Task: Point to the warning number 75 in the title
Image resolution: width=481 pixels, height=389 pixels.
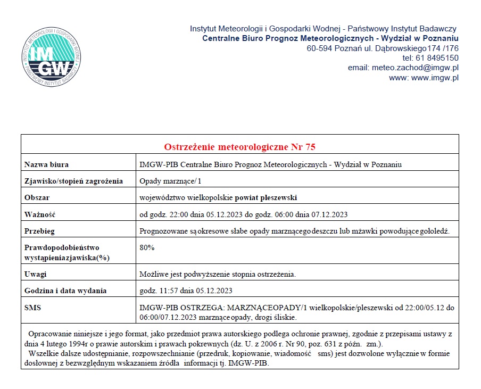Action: tap(311, 147)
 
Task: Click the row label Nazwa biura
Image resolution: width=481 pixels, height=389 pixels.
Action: tap(47, 164)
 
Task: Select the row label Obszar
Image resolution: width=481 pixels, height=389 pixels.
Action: tap(37, 198)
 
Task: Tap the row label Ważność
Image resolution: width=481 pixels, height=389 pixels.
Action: tap(40, 214)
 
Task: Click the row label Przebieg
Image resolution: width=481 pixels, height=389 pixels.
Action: tap(40, 231)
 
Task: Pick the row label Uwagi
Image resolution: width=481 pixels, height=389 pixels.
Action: tap(36, 274)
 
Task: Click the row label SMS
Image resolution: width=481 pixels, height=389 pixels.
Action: tap(33, 308)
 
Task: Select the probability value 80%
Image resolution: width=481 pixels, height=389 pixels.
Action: tap(147, 247)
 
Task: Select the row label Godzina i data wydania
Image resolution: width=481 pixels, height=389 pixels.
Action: tap(66, 291)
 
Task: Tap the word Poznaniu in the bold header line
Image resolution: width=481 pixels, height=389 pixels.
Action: tap(439, 38)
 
